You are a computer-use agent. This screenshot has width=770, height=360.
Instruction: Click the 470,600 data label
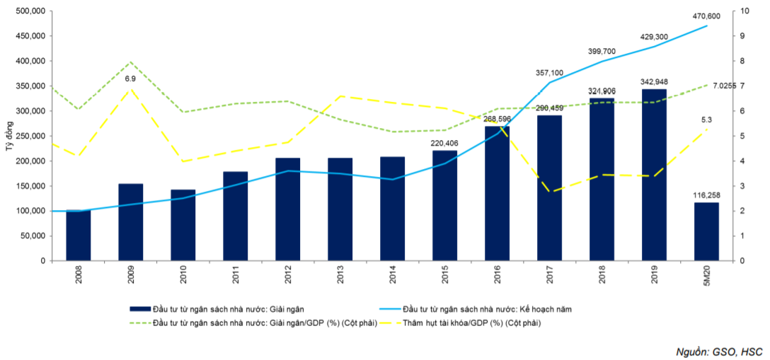[x=707, y=16]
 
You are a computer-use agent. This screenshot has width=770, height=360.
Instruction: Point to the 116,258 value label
[x=706, y=194]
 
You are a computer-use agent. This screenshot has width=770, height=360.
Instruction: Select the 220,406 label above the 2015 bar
[x=444, y=142]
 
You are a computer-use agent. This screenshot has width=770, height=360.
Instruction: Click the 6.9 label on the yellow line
[x=130, y=79]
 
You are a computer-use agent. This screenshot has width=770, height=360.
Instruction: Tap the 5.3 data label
[x=706, y=120]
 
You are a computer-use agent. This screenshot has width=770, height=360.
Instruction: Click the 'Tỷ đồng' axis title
[x=9, y=136]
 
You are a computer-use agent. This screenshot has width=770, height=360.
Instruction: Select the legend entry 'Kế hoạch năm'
[x=485, y=308]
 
